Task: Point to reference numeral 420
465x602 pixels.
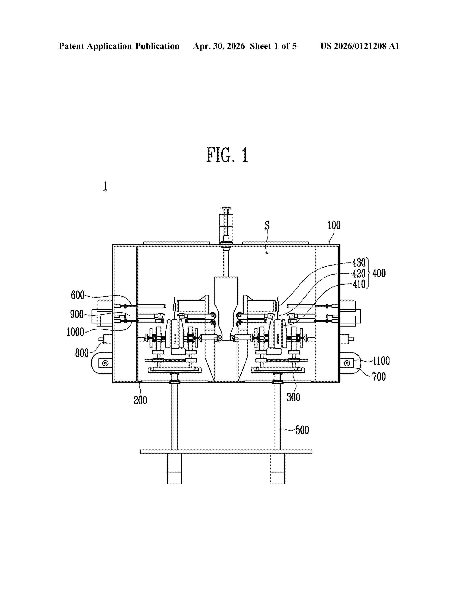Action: click(359, 273)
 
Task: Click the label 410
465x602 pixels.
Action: click(359, 284)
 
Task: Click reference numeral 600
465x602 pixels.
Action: click(78, 295)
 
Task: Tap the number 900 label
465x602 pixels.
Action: click(77, 314)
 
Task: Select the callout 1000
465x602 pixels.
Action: click(75, 332)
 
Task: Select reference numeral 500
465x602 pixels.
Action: click(302, 430)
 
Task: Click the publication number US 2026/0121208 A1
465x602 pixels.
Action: click(360, 46)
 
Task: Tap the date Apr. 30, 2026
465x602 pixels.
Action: click(219, 46)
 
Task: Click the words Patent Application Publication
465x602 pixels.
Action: click(119, 46)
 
